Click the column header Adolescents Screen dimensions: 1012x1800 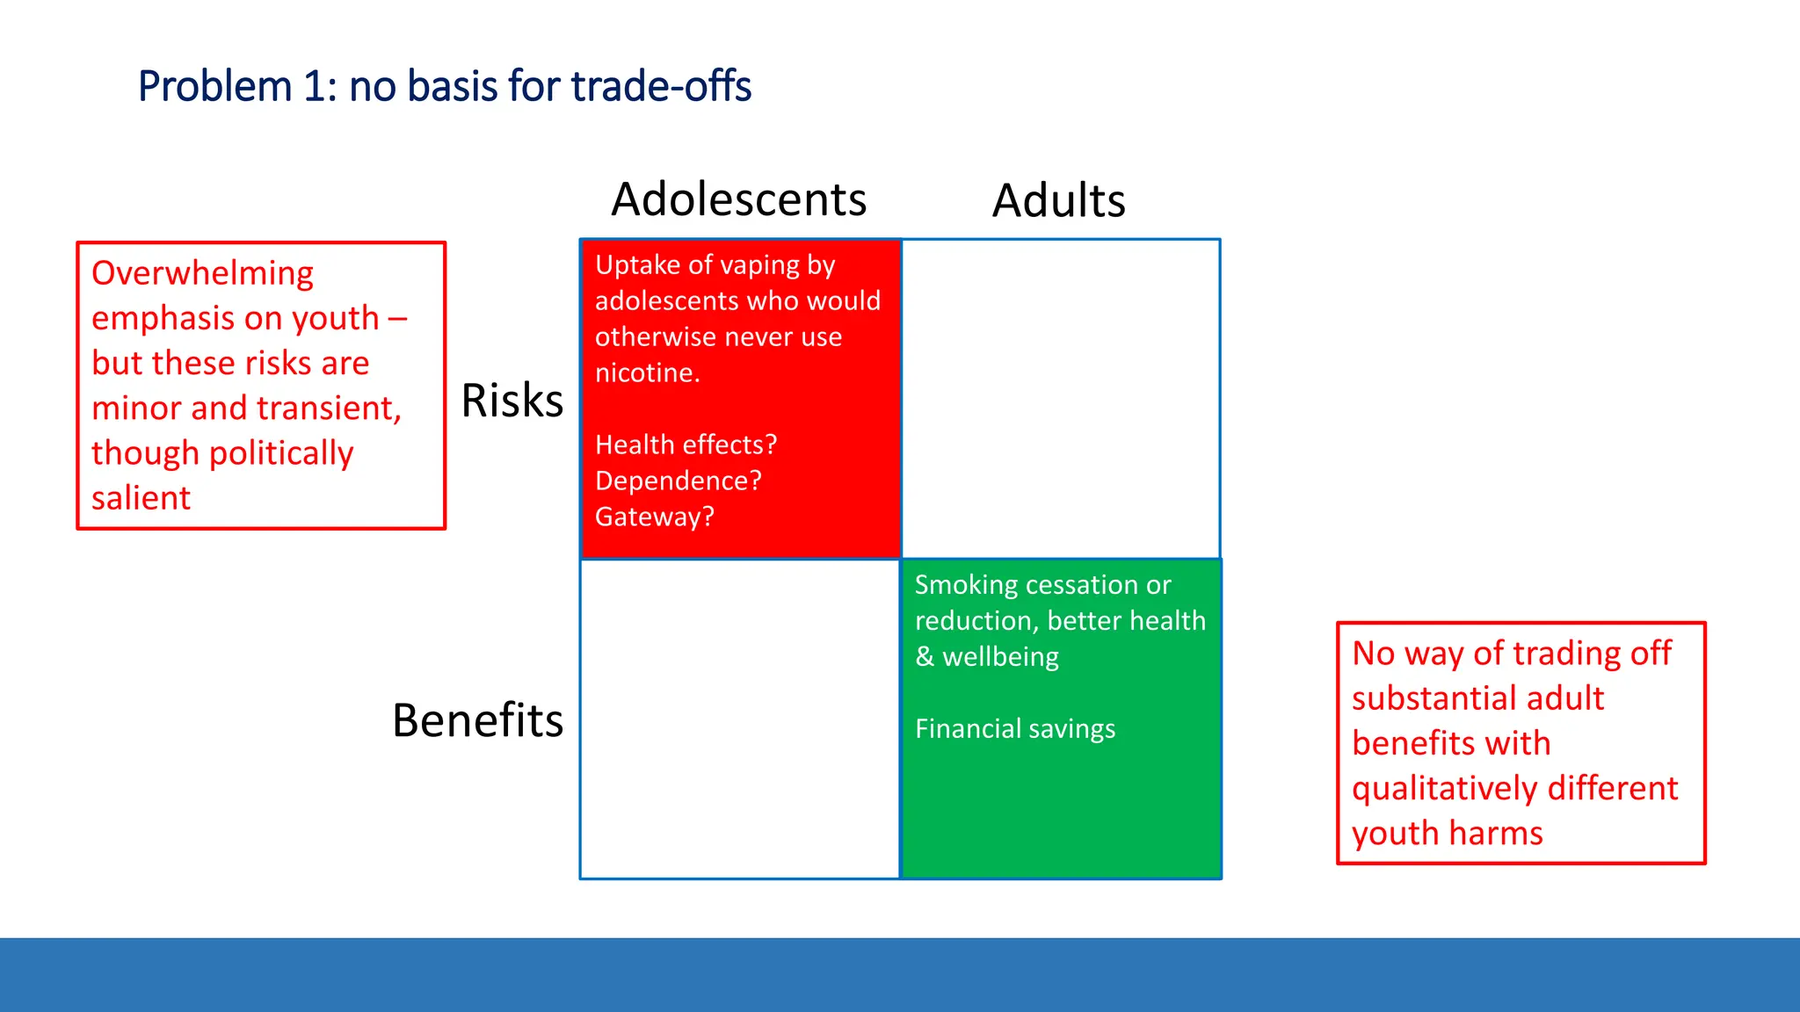[x=738, y=199]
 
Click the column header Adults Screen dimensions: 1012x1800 [x=1058, y=200]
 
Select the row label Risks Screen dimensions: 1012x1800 [x=512, y=401]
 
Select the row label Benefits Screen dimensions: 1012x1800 [x=477, y=720]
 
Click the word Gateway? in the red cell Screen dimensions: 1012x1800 [x=654, y=517]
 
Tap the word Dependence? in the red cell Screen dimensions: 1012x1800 [x=678, y=481]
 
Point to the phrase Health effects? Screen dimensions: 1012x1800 [x=686, y=445]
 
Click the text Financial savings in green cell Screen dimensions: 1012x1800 [x=1014, y=728]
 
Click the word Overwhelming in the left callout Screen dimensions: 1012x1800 [x=202, y=273]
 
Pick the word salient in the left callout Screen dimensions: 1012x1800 [x=141, y=498]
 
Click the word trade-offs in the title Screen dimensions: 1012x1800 [x=661, y=86]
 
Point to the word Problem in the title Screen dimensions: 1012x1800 [x=214, y=86]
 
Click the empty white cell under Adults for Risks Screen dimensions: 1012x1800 [x=1060, y=399]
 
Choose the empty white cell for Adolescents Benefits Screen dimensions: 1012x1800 [x=740, y=719]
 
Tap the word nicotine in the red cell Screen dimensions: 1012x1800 [x=645, y=372]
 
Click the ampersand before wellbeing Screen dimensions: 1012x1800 [x=924, y=656]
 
